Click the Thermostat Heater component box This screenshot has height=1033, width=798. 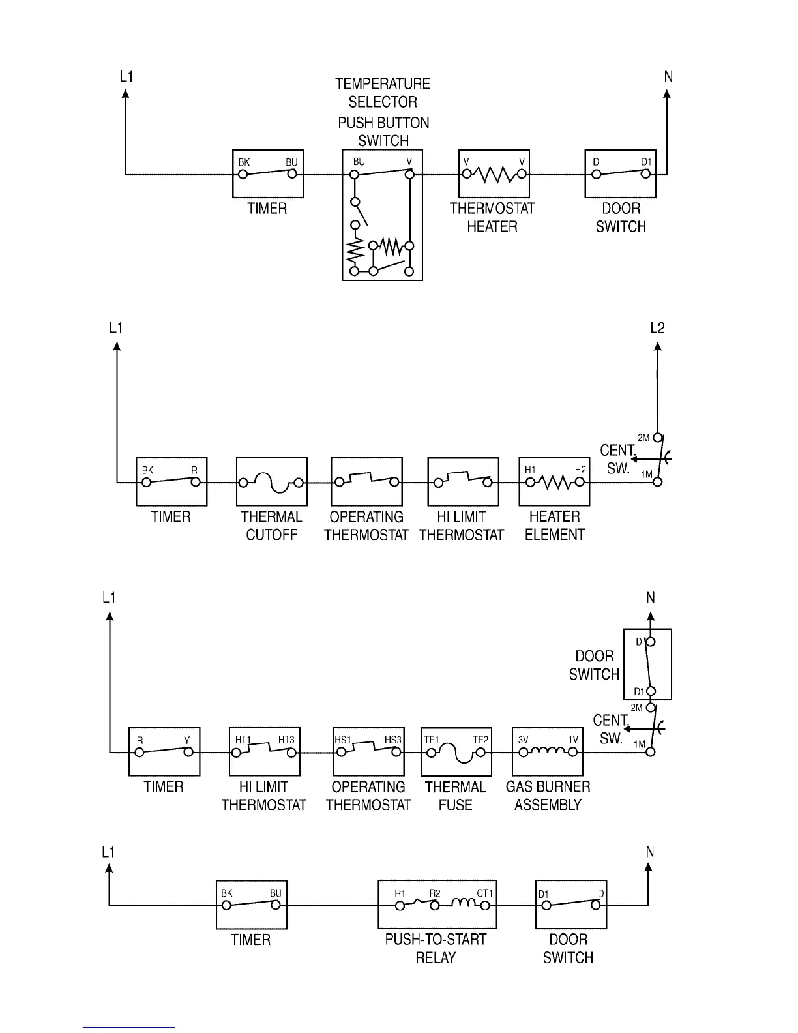(x=494, y=173)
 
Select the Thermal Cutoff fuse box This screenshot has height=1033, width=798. (x=271, y=481)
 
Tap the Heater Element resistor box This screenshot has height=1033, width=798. (x=554, y=481)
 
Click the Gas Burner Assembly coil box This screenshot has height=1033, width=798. (x=548, y=751)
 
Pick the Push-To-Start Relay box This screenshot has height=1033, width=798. (x=437, y=904)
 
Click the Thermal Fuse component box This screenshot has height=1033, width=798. (x=456, y=751)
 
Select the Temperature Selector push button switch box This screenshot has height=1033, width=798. (x=382, y=215)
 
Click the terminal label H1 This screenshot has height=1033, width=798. (x=530, y=470)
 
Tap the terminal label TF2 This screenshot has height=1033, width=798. (x=480, y=740)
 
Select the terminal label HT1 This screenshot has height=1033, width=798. (x=243, y=740)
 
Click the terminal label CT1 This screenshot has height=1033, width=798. (x=484, y=893)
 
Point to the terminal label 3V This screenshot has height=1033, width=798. (x=523, y=740)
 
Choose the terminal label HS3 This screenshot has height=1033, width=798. (x=392, y=740)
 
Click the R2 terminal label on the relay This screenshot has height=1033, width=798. (x=434, y=893)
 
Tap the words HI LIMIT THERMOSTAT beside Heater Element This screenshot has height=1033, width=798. (x=461, y=526)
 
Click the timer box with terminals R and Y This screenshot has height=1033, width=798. (x=164, y=751)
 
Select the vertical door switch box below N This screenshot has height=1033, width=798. (x=647, y=664)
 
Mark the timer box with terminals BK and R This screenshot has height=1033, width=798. (x=171, y=481)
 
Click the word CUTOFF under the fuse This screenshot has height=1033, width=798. (x=271, y=535)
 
